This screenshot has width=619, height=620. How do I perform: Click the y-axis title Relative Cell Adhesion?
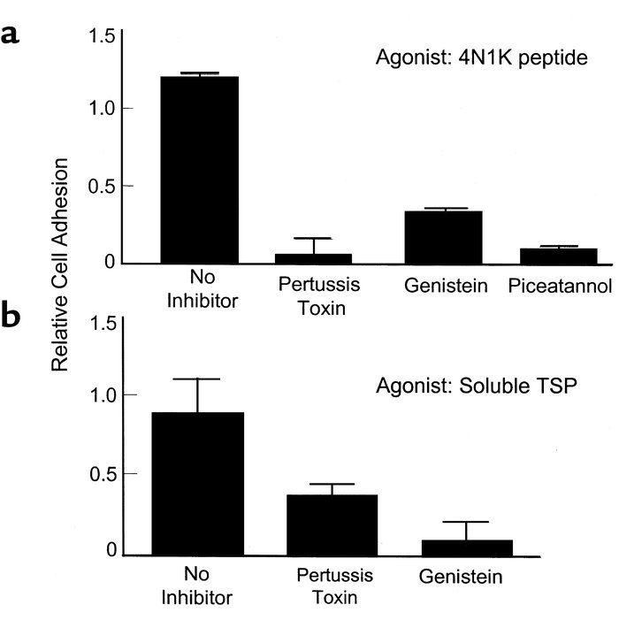click(x=60, y=265)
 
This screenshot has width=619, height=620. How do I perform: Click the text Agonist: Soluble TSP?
click(x=480, y=387)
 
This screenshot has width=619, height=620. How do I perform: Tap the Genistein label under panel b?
click(x=461, y=578)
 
